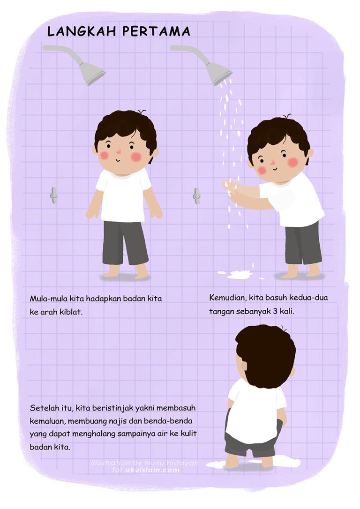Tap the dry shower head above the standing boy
coord(91,73)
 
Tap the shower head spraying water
coord(218,73)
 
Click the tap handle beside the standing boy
coord(54,195)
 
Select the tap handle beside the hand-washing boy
coord(197,195)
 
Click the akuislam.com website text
coord(152,470)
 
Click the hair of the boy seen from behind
coord(266,356)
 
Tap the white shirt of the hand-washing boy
coord(295,202)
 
